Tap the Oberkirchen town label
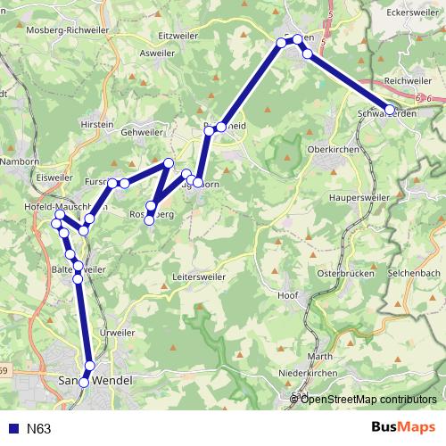pyautogui.click(x=332, y=150)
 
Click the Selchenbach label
pyautogui.click(x=413, y=273)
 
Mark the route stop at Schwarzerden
pyautogui.click(x=390, y=110)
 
